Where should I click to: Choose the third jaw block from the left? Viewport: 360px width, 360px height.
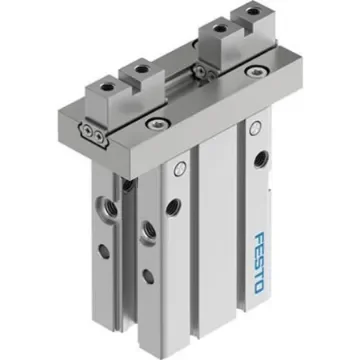[x=216, y=38]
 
